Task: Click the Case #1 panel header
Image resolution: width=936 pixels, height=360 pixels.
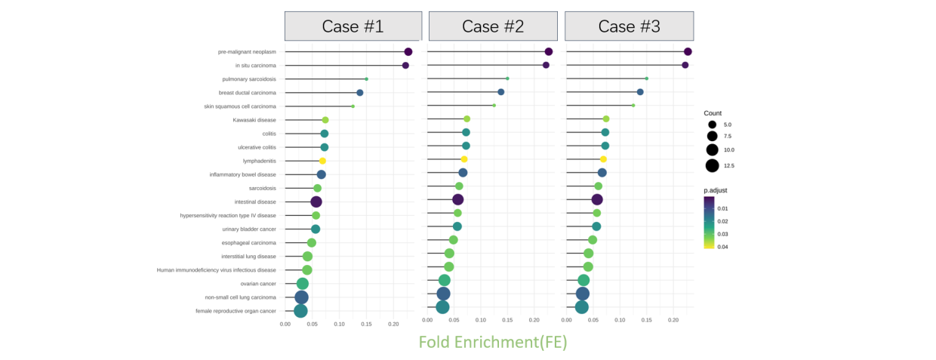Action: click(x=353, y=26)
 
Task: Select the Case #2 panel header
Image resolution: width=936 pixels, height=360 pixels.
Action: click(x=493, y=26)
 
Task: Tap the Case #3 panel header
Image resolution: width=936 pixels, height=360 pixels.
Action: click(x=629, y=26)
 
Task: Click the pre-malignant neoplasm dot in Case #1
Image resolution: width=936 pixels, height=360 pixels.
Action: click(x=408, y=52)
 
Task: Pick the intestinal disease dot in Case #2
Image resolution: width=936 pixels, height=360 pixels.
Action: click(x=457, y=199)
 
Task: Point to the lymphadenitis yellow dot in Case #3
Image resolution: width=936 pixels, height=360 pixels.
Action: click(x=603, y=159)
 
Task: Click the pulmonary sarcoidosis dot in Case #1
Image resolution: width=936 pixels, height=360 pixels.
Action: click(x=367, y=78)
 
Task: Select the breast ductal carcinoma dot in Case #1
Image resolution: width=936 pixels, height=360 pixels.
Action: click(x=360, y=93)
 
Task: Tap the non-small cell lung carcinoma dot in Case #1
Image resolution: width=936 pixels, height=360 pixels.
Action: click(x=301, y=297)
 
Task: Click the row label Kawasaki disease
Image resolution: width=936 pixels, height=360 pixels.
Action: click(x=254, y=120)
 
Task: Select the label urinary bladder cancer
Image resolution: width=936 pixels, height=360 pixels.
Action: click(x=249, y=229)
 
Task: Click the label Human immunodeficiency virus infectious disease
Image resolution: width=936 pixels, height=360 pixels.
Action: click(x=217, y=269)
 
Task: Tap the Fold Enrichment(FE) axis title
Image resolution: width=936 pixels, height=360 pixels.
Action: click(x=493, y=342)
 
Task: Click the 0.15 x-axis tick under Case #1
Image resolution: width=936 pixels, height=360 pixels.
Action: click(x=366, y=324)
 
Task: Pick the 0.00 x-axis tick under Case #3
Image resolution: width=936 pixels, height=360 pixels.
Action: click(x=567, y=320)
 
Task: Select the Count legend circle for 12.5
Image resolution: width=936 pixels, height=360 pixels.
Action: click(x=712, y=165)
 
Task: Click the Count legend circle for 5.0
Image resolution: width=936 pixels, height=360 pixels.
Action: click(x=712, y=125)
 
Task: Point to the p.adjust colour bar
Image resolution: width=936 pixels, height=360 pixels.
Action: click(x=710, y=222)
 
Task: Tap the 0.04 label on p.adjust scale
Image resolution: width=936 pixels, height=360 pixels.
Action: click(x=723, y=246)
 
